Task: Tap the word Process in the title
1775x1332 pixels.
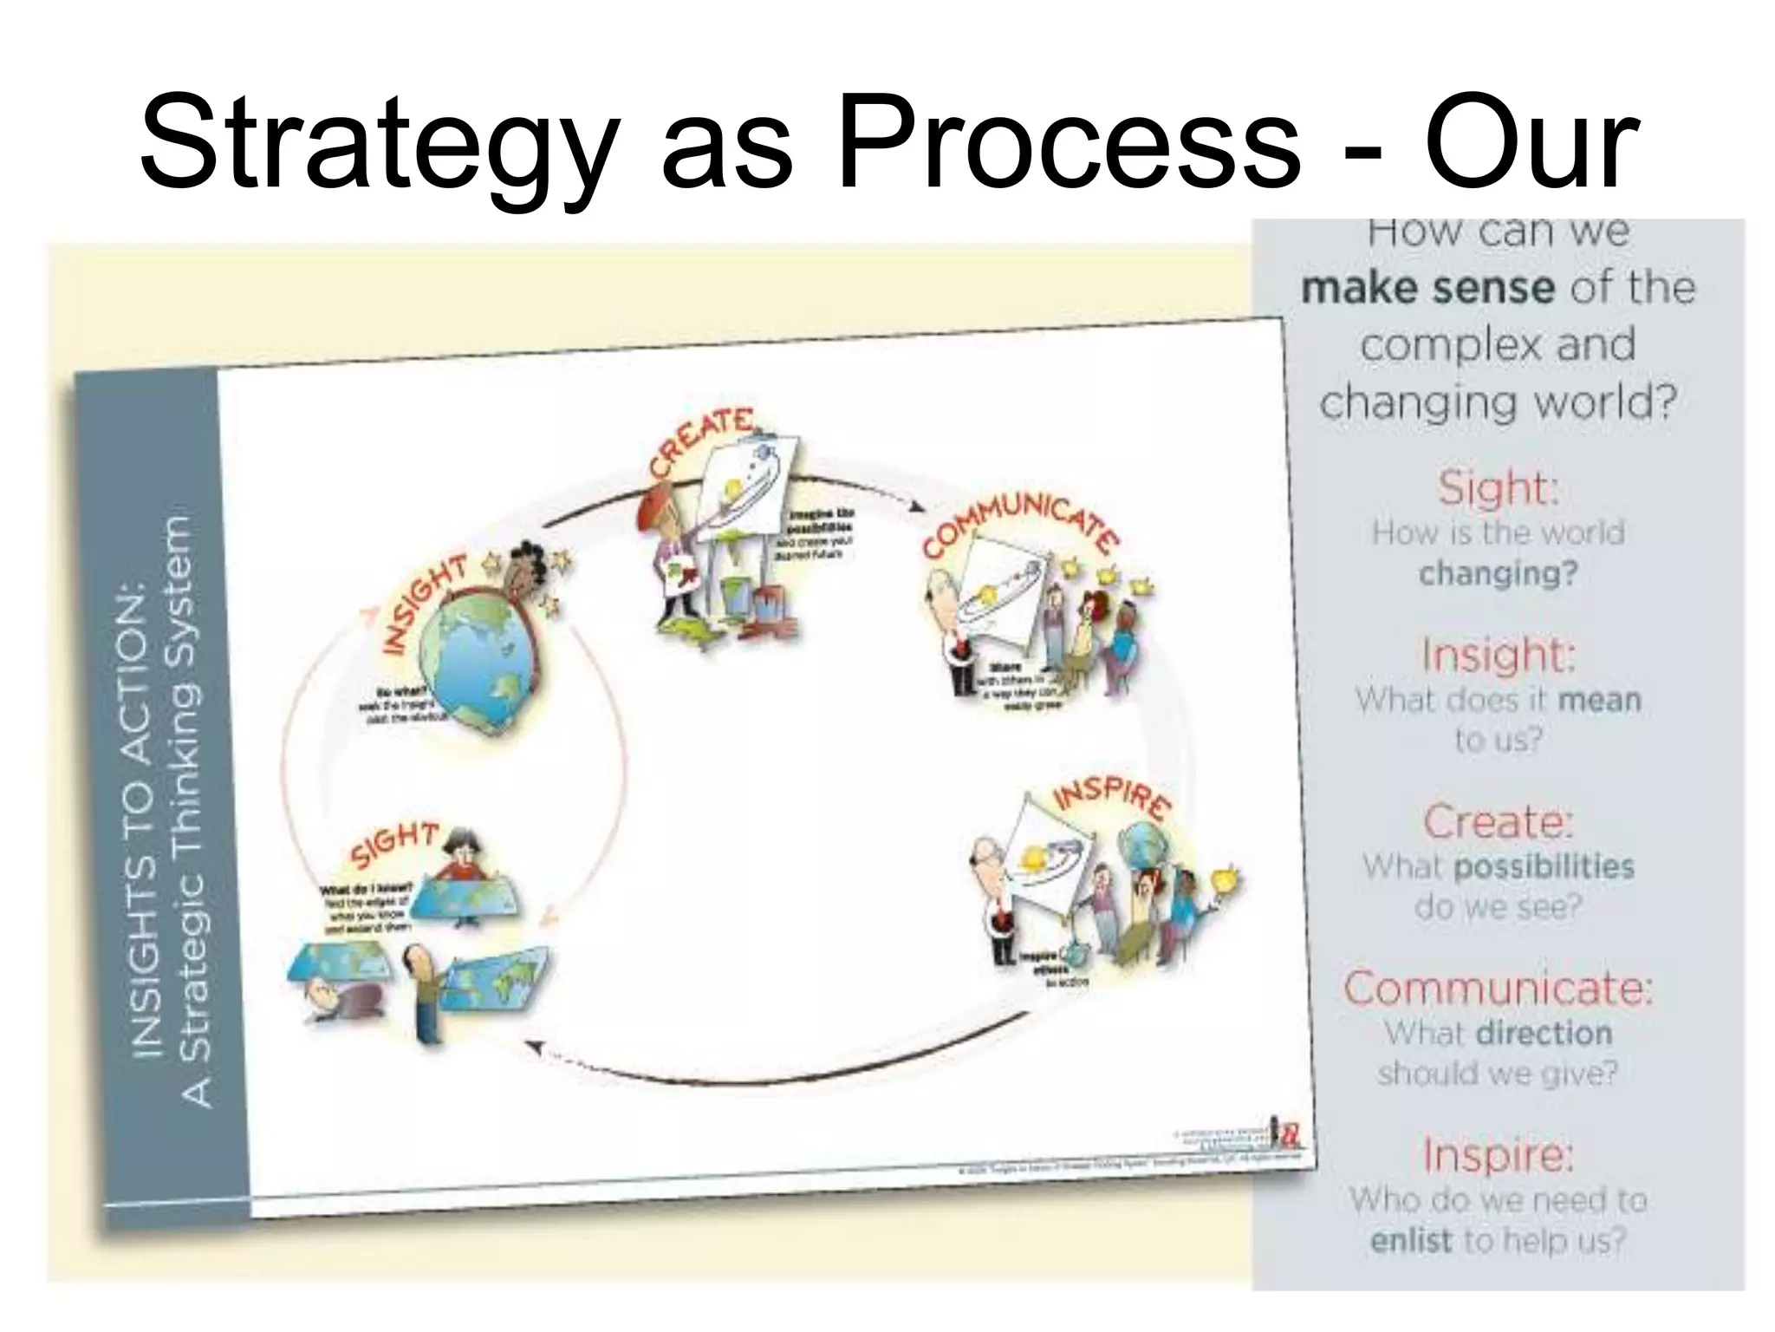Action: tap(1067, 142)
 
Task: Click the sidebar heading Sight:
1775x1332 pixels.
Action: tap(1498, 488)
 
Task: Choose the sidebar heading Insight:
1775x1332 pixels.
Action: tap(1498, 655)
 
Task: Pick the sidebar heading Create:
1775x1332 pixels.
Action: tap(1498, 821)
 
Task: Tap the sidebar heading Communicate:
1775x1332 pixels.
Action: tap(1498, 988)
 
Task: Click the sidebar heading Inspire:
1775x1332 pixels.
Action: tap(1498, 1154)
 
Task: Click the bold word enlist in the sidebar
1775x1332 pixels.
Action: tap(1410, 1240)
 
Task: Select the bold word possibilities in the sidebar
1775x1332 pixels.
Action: tap(1544, 865)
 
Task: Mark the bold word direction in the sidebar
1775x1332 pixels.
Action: tap(1544, 1032)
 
